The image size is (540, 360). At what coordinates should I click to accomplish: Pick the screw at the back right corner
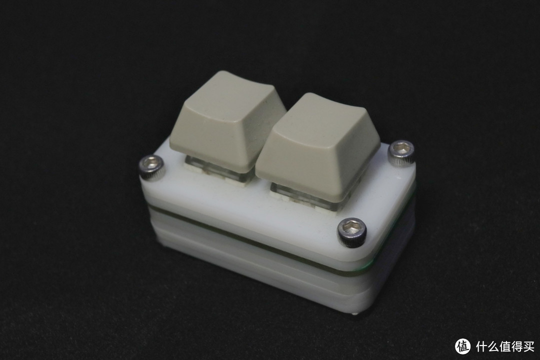(401, 152)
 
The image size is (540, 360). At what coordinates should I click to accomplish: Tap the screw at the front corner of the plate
(351, 231)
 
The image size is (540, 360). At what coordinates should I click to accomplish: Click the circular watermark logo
(463, 346)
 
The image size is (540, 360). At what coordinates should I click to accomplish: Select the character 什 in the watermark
(482, 346)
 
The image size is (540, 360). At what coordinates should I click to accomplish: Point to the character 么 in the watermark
(494, 346)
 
